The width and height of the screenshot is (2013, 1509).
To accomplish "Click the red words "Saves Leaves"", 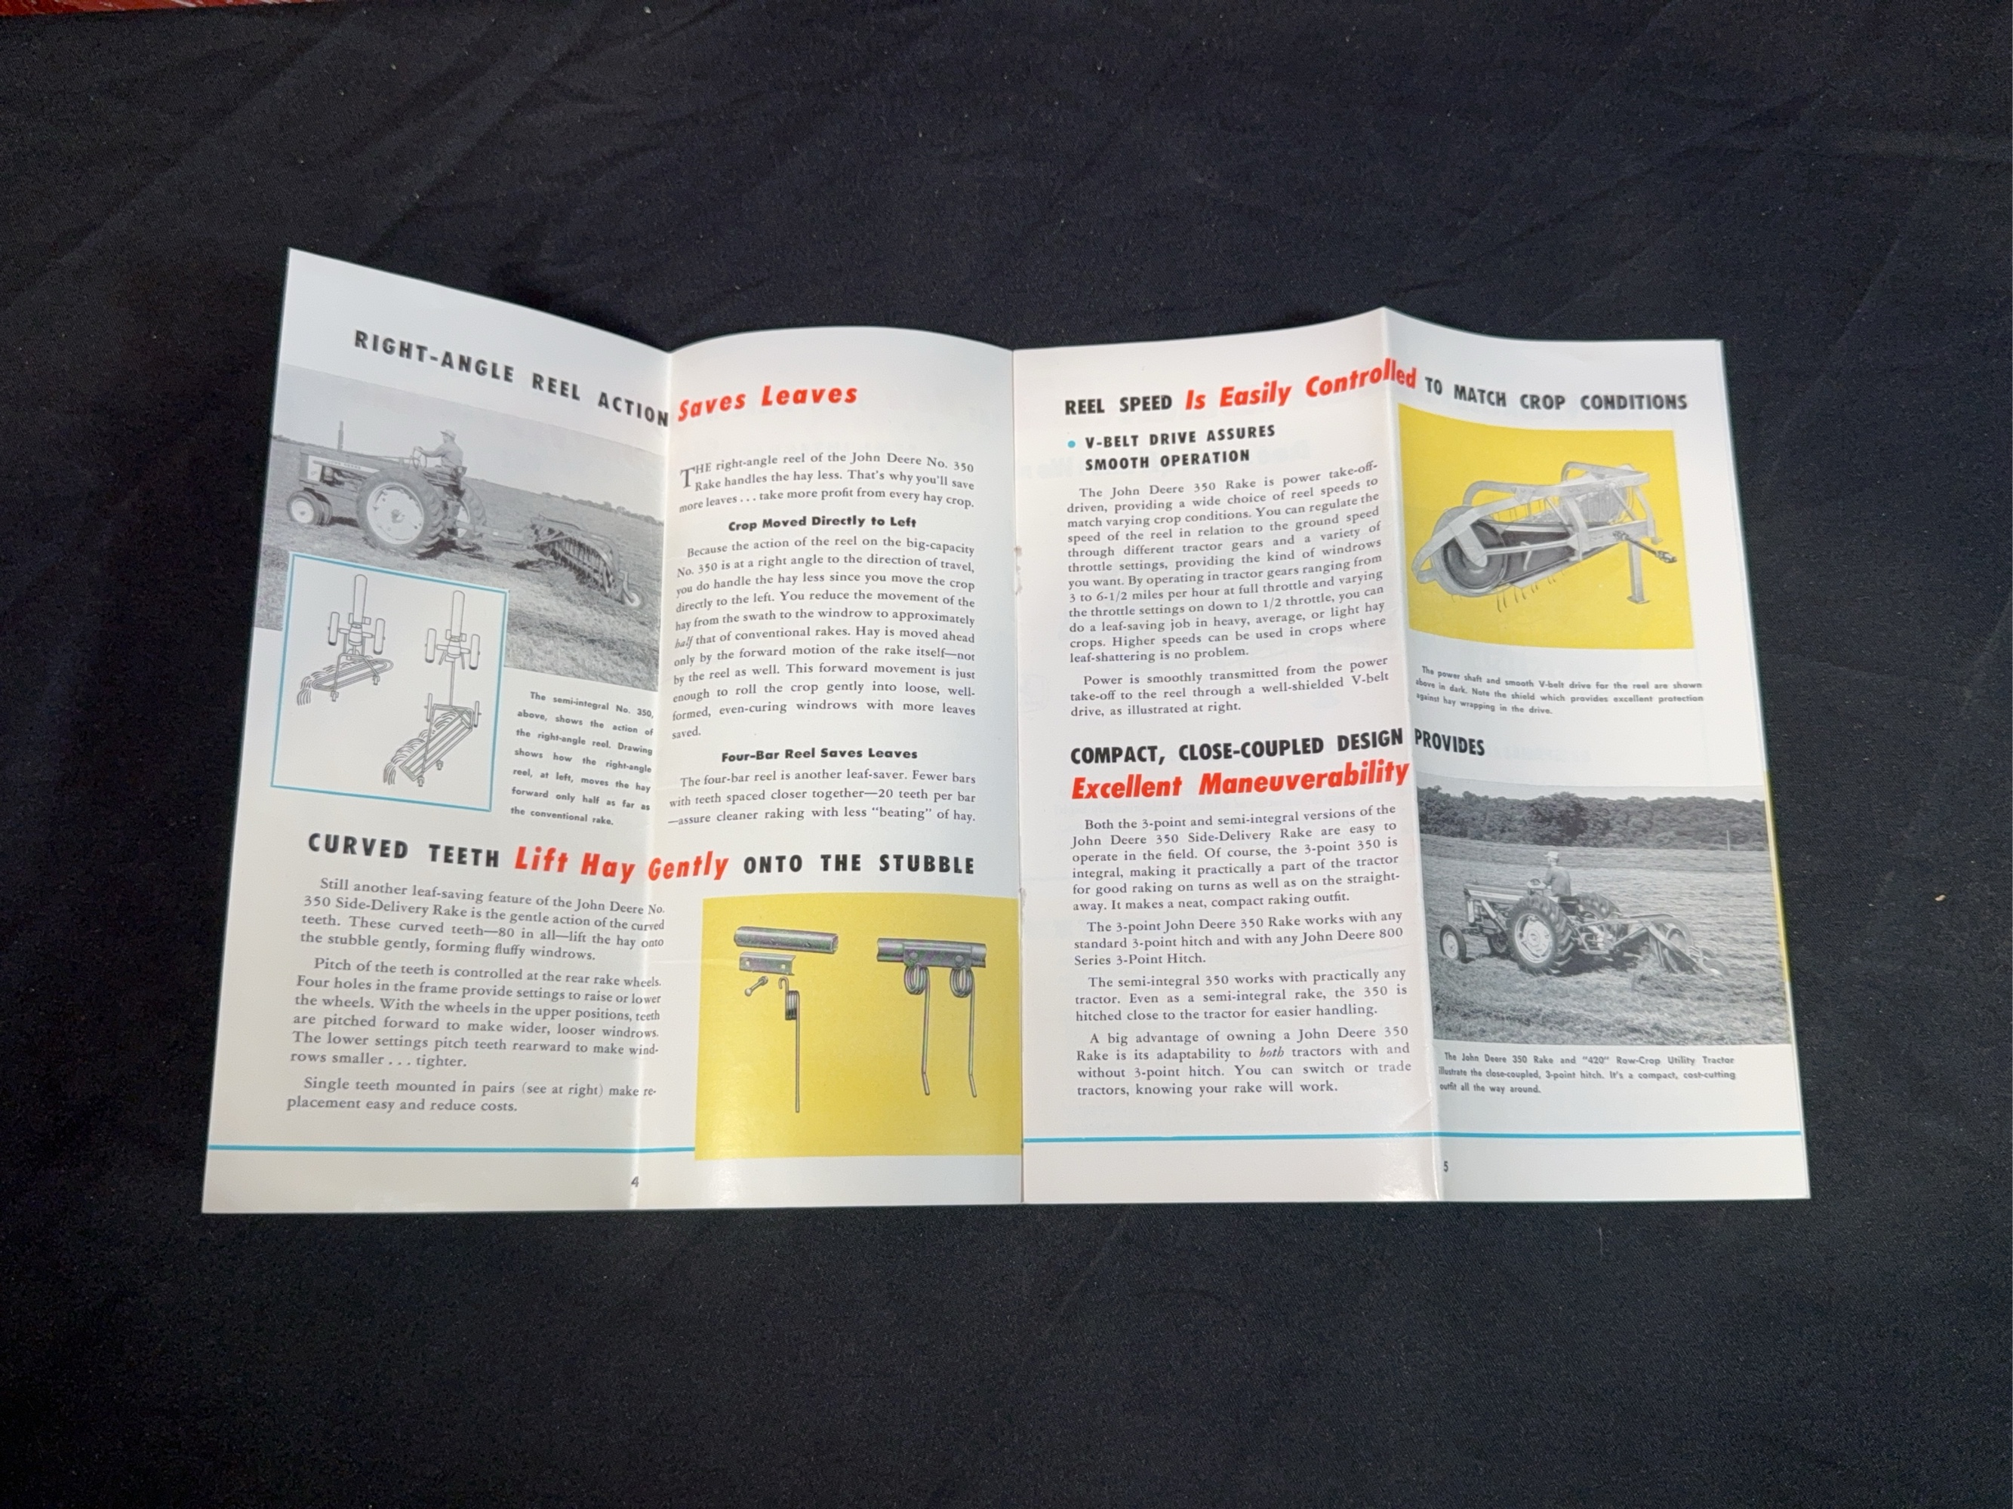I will [x=767, y=399].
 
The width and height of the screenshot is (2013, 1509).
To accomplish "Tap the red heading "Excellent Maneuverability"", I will [x=1239, y=779].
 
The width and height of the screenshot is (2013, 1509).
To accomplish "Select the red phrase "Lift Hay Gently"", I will [x=620, y=862].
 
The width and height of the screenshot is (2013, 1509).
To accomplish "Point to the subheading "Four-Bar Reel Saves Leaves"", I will [x=819, y=753].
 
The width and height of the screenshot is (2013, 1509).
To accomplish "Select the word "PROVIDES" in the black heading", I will [x=1448, y=745].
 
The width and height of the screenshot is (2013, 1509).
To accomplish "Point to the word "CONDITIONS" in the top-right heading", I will [x=1633, y=401].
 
